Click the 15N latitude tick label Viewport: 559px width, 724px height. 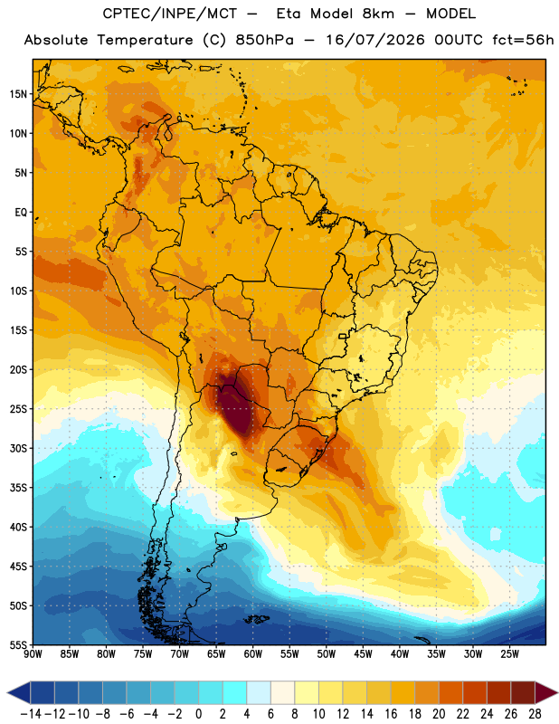tap(18, 94)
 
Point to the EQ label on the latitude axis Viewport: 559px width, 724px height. tap(21, 213)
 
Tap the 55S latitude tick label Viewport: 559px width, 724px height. tap(18, 644)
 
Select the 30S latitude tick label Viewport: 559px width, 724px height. tap(18, 448)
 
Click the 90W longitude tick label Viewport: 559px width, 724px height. tap(33, 654)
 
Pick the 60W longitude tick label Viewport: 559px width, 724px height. tap(253, 654)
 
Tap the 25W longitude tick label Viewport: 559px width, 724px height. tap(509, 654)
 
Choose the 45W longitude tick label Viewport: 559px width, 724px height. tap(363, 654)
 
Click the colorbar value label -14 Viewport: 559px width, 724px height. tap(31, 714)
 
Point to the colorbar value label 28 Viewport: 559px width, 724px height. tap(535, 714)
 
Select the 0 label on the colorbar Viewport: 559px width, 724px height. tap(198, 714)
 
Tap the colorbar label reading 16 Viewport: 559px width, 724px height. tap(391, 714)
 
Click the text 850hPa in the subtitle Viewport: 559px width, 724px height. tap(264, 40)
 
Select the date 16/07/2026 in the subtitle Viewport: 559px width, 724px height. tap(374, 40)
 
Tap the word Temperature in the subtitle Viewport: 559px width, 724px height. tap(145, 41)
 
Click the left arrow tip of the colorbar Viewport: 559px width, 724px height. tap(7, 693)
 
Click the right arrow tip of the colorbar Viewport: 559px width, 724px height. tap(557, 693)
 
